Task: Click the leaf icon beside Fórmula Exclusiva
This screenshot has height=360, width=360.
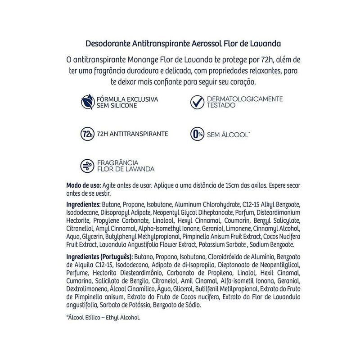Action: [x=86, y=102]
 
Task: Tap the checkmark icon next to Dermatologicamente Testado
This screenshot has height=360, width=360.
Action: [x=196, y=102]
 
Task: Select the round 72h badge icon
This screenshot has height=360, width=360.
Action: [x=86, y=134]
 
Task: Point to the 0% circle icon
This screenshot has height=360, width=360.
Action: [x=196, y=134]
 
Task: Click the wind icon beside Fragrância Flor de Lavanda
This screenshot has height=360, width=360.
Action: [x=86, y=165]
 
